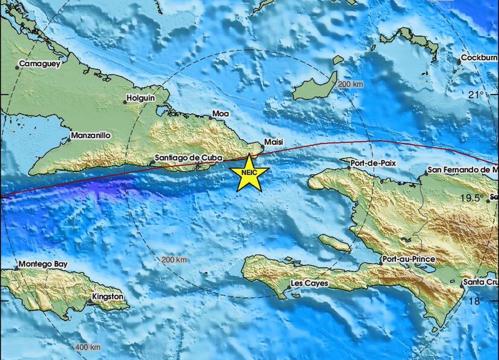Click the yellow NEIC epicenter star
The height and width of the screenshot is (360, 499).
[249, 173]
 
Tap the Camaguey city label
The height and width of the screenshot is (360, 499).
[39, 64]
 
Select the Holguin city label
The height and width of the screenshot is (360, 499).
[141, 98]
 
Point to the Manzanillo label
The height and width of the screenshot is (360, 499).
[91, 136]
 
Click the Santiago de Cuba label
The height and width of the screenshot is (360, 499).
[188, 158]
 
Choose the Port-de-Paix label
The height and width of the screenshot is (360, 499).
[373, 163]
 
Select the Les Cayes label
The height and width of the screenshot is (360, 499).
[309, 283]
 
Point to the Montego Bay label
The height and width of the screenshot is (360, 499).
[43, 264]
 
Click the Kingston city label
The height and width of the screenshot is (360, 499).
[108, 296]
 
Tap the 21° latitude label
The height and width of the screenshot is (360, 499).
[476, 95]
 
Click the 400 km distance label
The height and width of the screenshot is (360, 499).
[88, 347]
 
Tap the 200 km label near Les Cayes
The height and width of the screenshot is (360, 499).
[174, 260]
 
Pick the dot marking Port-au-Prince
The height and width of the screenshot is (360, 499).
[381, 263]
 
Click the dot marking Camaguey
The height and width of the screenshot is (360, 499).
[17, 67]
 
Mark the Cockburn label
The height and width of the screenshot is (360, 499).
[479, 57]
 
